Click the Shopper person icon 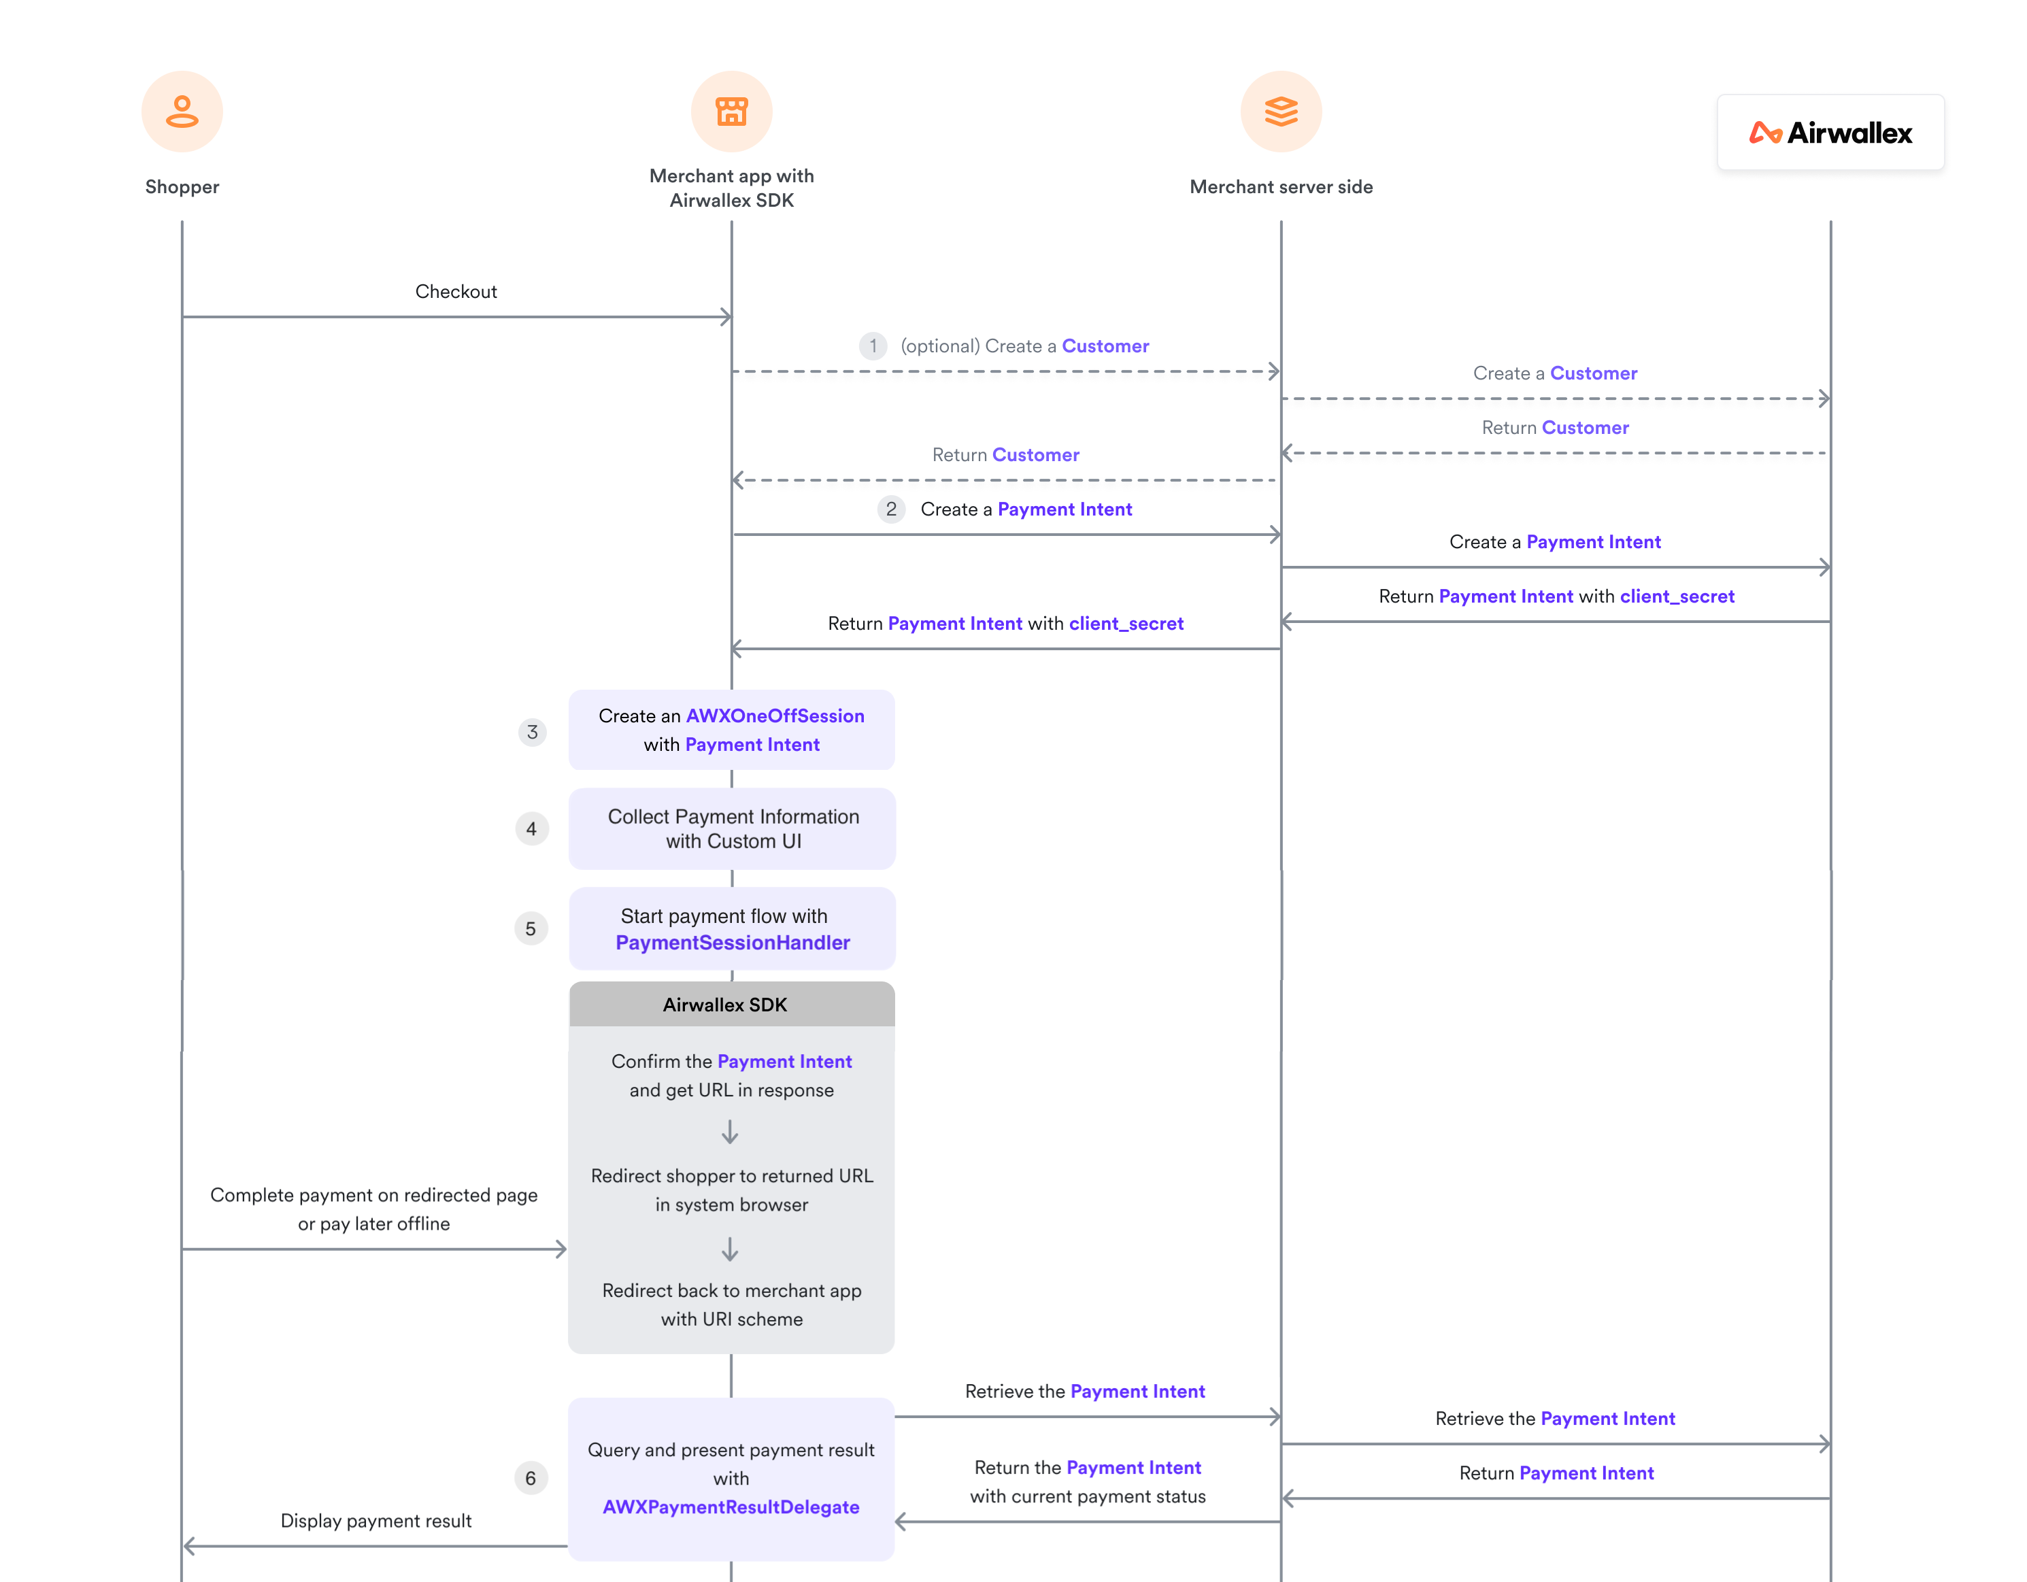click(182, 112)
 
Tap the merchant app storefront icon click(731, 112)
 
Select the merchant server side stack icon click(1281, 112)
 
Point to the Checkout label click(456, 291)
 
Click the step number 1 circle click(873, 346)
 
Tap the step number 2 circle click(891, 509)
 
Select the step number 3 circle click(532, 732)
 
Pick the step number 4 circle click(531, 828)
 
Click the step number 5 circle click(530, 929)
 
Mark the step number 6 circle click(530, 1478)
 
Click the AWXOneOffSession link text click(775, 716)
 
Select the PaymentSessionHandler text click(733, 943)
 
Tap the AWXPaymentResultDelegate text click(731, 1507)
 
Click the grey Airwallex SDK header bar click(731, 1005)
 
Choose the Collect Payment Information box click(733, 828)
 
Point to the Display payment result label click(376, 1521)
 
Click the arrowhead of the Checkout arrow click(726, 318)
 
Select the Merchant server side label click(1281, 186)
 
